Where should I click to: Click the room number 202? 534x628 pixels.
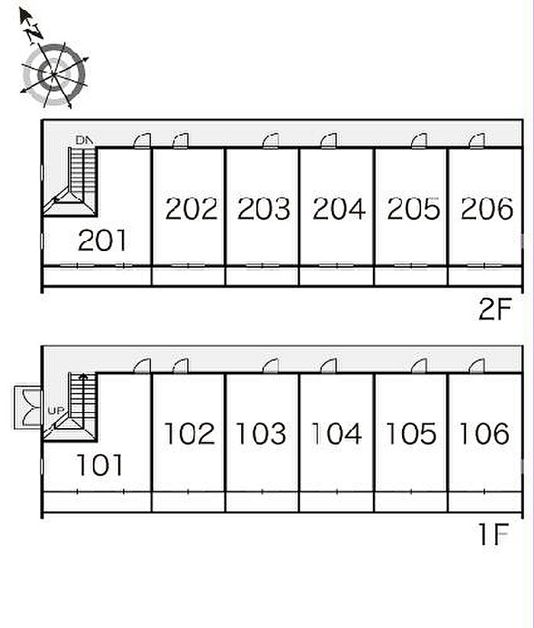click(x=191, y=208)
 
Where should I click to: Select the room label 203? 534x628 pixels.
click(x=264, y=208)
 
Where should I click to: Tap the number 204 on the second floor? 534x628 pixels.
click(x=339, y=208)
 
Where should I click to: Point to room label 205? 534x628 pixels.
click(x=413, y=208)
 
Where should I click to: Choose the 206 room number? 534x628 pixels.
click(x=487, y=208)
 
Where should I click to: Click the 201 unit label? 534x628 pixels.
click(x=102, y=240)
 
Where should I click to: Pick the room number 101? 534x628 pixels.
click(x=99, y=465)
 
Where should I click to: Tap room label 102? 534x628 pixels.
click(x=189, y=433)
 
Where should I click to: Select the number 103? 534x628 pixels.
click(x=261, y=433)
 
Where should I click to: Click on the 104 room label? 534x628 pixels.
click(x=336, y=433)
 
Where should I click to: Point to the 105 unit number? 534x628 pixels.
click(x=410, y=433)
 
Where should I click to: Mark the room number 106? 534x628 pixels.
click(x=484, y=433)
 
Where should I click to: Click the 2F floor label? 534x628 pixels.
click(x=496, y=308)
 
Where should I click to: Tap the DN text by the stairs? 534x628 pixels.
click(x=84, y=140)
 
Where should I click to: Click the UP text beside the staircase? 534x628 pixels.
click(x=56, y=411)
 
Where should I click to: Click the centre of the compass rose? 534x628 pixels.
click(x=53, y=74)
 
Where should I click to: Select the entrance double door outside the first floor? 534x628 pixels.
click(x=27, y=407)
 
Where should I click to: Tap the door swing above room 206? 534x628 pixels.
click(x=477, y=141)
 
